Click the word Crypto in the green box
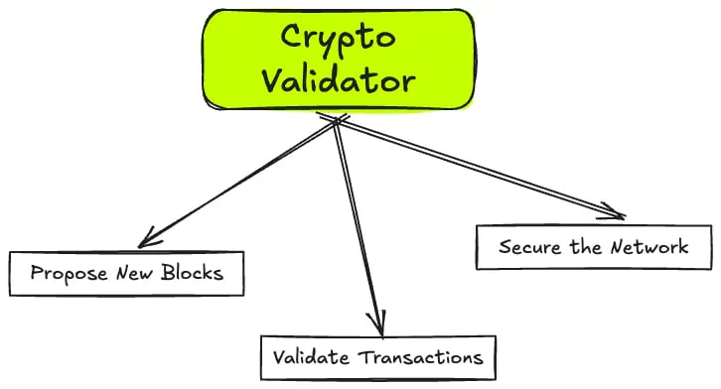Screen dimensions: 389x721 [338, 39]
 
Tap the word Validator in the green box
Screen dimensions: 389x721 [338, 79]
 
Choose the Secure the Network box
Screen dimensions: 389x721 [594, 246]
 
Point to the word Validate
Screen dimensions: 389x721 [310, 356]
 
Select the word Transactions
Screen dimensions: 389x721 [418, 356]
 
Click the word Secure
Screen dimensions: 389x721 [528, 246]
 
